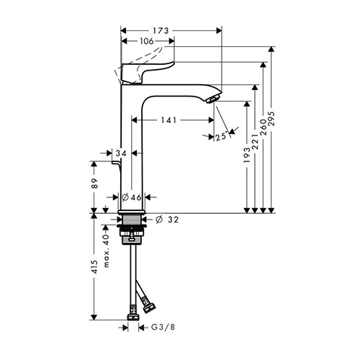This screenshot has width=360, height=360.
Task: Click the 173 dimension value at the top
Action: (161, 31)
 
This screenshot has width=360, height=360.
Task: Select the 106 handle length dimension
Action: (147, 41)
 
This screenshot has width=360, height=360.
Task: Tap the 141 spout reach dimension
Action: (168, 120)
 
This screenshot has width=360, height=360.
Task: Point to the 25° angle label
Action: (221, 137)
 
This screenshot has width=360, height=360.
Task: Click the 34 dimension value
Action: (121, 153)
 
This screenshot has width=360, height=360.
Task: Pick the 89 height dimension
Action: (94, 184)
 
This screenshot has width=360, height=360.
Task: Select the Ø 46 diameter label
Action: (132, 197)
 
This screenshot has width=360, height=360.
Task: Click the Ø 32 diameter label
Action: (167, 220)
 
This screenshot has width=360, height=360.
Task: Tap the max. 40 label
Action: (107, 251)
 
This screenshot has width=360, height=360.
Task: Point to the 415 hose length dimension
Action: (94, 266)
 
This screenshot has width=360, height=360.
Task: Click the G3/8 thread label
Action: (163, 327)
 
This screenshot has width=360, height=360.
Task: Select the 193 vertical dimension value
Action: (247, 155)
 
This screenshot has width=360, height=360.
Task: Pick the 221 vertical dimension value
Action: (255, 142)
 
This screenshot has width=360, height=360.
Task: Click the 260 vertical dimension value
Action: (264, 127)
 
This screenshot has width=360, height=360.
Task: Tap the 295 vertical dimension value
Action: (271, 118)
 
